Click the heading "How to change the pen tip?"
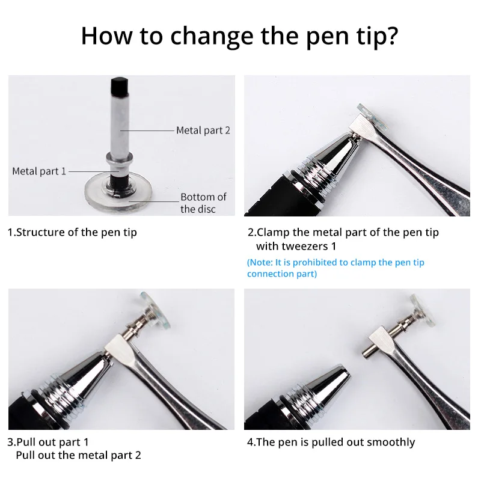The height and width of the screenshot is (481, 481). click(x=240, y=35)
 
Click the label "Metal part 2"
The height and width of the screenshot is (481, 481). click(x=203, y=130)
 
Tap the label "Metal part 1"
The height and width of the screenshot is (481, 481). click(x=39, y=171)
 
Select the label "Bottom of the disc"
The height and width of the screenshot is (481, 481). click(x=203, y=203)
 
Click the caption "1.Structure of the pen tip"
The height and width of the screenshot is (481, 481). click(x=72, y=232)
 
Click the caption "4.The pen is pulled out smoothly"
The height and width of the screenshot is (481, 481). click(x=331, y=442)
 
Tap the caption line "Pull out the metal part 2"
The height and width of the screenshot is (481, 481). click(x=78, y=455)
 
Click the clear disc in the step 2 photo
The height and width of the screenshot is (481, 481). click(x=369, y=114)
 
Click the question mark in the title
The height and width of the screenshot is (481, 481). click(x=391, y=35)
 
